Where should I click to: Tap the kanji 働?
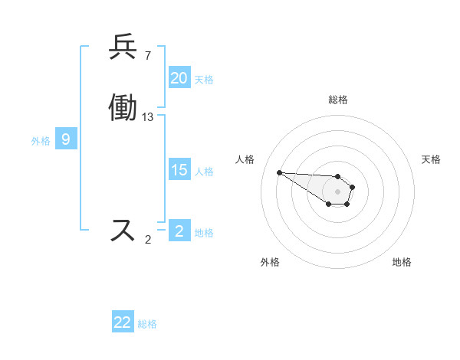(123, 108)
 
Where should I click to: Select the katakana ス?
(123, 230)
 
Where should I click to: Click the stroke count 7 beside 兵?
(148, 56)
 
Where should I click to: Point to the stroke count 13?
(148, 117)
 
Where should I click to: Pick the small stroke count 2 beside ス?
(148, 240)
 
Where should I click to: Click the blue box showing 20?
(179, 78)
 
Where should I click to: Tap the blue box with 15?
(179, 170)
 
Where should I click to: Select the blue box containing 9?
(66, 139)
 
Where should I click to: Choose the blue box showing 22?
(123, 322)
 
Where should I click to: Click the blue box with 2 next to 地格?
(179, 231)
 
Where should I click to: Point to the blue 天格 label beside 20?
(204, 80)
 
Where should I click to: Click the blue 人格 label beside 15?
(204, 172)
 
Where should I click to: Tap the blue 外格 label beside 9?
(41, 141)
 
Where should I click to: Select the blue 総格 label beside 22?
(147, 324)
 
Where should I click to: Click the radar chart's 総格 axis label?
(337, 100)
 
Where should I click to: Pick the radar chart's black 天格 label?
(431, 159)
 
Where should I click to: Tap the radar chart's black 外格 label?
(269, 262)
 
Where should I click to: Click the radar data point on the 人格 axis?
(279, 172)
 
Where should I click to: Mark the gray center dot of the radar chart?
(337, 191)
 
